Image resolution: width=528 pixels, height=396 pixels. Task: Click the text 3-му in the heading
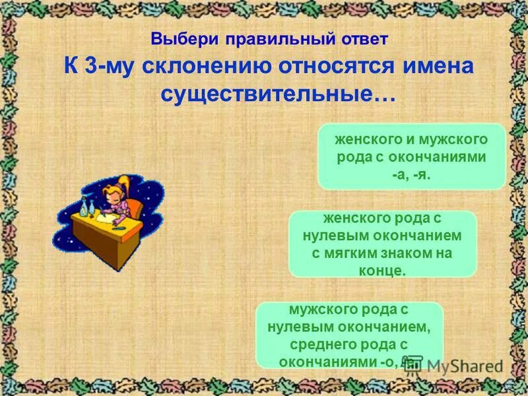101,67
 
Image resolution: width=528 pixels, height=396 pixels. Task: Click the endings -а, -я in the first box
411,174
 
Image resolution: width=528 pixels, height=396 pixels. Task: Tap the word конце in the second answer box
383,270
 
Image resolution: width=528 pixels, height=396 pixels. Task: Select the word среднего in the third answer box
323,345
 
